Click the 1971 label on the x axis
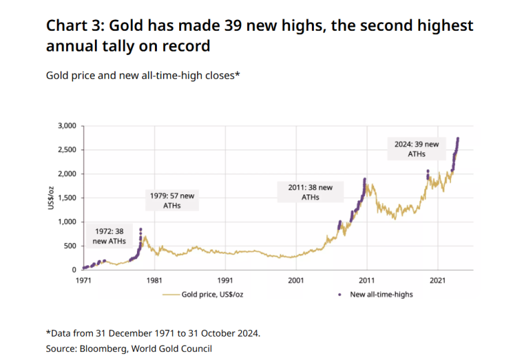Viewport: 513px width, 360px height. [x=82, y=281]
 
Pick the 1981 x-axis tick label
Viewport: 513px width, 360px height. [x=154, y=281]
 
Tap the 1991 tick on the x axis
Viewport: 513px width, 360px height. [x=225, y=281]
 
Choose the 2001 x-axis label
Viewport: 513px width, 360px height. [x=296, y=281]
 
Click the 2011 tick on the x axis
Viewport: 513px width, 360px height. [x=367, y=281]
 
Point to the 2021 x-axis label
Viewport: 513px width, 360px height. [x=438, y=281]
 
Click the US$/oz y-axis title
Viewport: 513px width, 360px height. [x=51, y=197]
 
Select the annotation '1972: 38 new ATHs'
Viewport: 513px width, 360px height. [x=108, y=236]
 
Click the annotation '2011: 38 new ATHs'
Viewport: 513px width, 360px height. [x=310, y=192]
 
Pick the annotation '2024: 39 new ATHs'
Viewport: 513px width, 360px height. [x=417, y=149]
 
